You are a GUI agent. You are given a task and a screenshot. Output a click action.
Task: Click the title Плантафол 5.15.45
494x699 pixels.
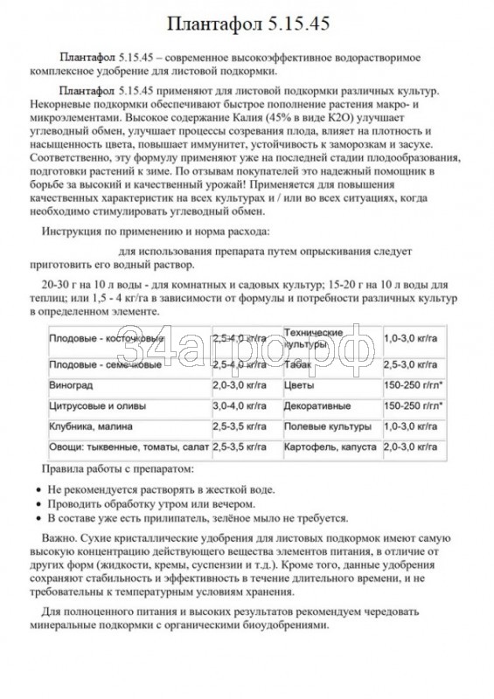tap(247, 24)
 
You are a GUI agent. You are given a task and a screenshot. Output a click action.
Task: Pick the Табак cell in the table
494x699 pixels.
tap(297, 363)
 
